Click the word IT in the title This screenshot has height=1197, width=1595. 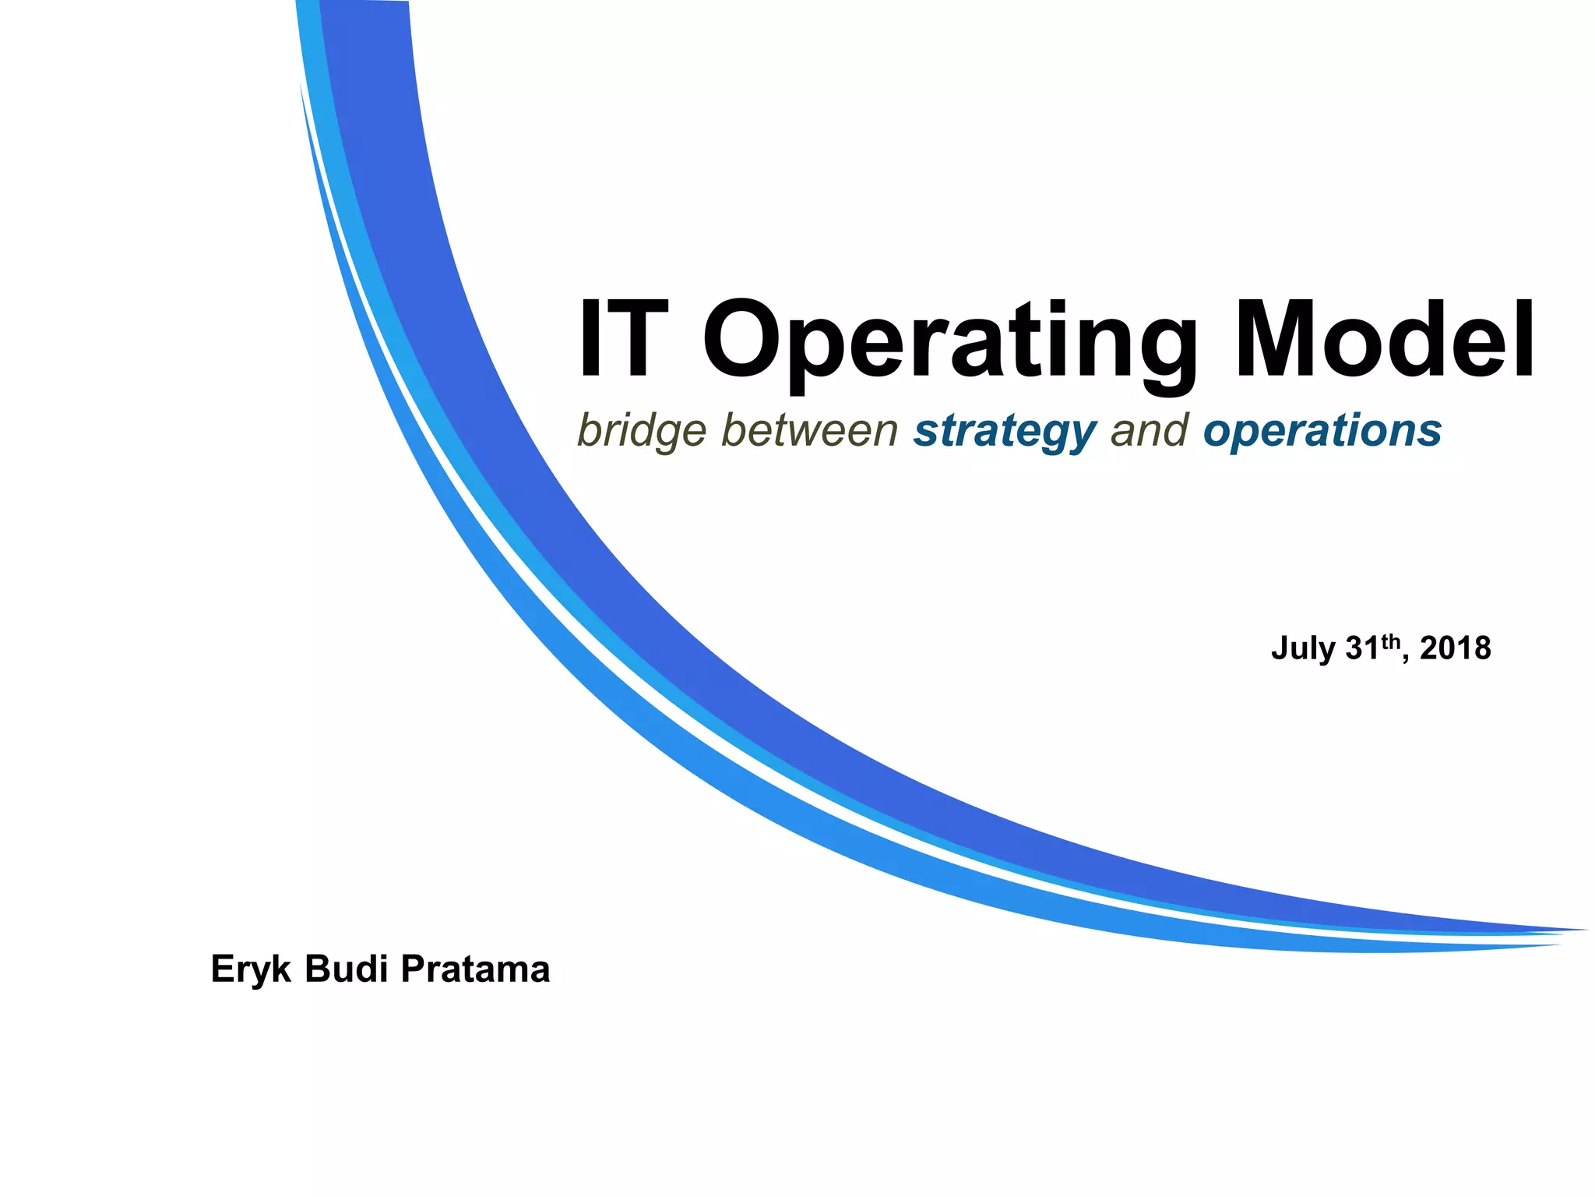pos(623,341)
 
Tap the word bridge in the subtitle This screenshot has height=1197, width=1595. pos(642,431)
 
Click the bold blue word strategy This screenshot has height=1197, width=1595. pos(1005,431)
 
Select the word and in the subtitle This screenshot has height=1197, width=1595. pos(1150,430)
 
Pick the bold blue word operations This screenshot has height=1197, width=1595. pos(1322,431)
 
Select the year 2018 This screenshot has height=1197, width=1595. pos(1455,648)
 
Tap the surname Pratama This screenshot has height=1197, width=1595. pos(475,969)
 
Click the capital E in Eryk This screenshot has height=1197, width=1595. pos(223,969)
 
